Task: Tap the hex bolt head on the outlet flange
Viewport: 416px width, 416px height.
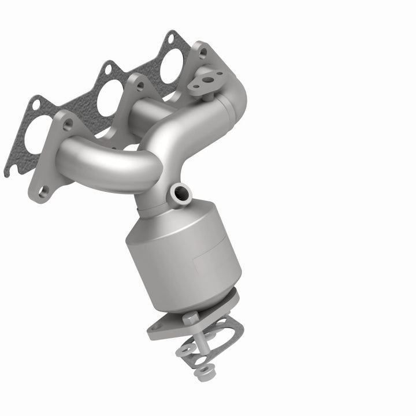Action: click(191, 317)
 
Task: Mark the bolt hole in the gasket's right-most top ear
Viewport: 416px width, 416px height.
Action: click(170, 39)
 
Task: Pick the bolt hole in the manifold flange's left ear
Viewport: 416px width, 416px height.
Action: click(68, 122)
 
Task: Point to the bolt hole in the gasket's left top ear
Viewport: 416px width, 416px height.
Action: click(36, 105)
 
